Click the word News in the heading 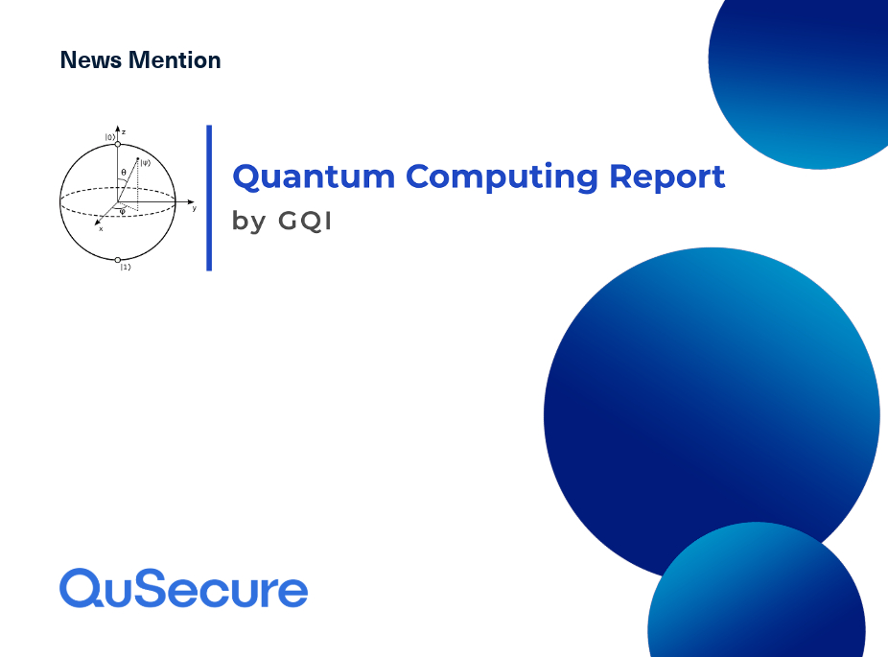click(x=90, y=60)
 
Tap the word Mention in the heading click(x=175, y=60)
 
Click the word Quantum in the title click(x=314, y=177)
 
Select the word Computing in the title click(x=502, y=177)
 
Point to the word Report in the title click(x=667, y=177)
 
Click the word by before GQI click(x=248, y=221)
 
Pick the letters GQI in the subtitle click(x=305, y=221)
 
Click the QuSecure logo click(x=183, y=588)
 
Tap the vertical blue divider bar click(x=209, y=198)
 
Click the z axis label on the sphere click(x=124, y=132)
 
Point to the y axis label click(x=195, y=208)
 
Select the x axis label click(x=101, y=229)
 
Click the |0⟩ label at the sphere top click(x=110, y=137)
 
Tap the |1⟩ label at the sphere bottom click(x=126, y=267)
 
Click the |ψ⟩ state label click(x=146, y=162)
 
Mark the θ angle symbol click(x=124, y=173)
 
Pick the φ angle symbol click(x=123, y=212)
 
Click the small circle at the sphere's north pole click(x=118, y=145)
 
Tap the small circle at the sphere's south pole click(x=118, y=260)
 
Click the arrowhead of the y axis click(x=192, y=201)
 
